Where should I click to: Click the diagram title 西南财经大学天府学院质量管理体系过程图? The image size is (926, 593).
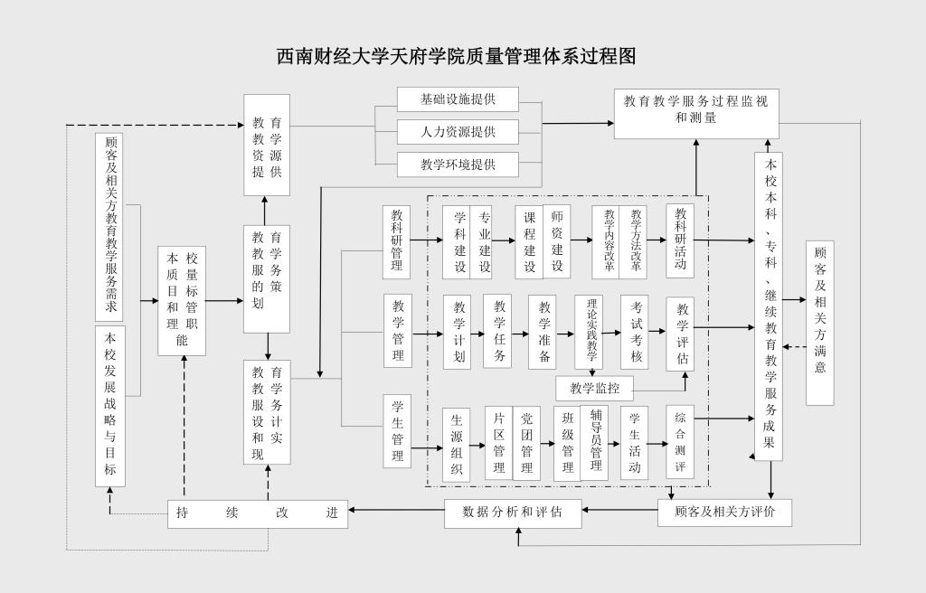(456, 56)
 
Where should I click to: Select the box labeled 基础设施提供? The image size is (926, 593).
(458, 99)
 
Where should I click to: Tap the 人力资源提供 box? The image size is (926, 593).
(458, 132)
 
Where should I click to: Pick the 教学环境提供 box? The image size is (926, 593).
(458, 165)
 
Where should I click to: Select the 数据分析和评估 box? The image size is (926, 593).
(513, 513)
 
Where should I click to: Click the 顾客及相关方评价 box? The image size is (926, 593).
(724, 513)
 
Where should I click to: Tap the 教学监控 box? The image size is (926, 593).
(594, 389)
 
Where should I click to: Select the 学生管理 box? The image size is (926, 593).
(397, 430)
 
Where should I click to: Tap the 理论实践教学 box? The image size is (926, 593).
(592, 333)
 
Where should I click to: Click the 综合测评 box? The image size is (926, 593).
(680, 442)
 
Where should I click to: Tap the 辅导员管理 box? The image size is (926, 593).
(596, 442)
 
